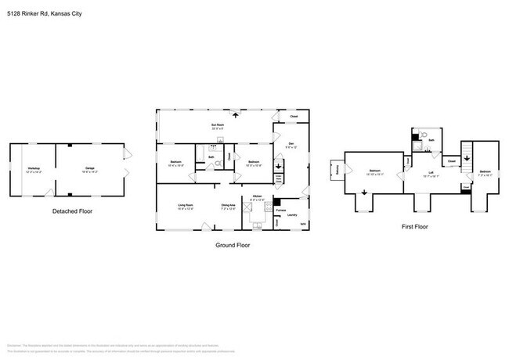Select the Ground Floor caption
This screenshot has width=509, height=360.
tap(233, 244)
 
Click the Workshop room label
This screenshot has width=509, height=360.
tap(33, 169)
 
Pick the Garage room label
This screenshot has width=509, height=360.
tap(90, 169)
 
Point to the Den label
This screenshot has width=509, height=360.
tap(291, 143)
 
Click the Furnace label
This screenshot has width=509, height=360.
tap(280, 210)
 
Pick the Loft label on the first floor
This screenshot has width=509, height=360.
tap(431, 173)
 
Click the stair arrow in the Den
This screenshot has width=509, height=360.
tap(278, 165)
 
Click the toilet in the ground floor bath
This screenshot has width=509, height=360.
tap(218, 164)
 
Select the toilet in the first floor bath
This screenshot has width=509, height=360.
tap(424, 135)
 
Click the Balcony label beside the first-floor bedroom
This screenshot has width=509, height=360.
tap(338, 169)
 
